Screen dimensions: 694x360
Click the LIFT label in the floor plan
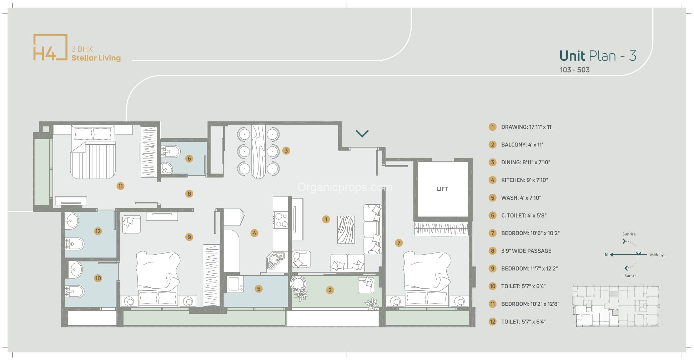(442, 189)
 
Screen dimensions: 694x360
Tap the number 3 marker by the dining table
(286, 151)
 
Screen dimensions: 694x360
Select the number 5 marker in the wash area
(259, 289)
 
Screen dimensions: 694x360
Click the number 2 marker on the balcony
(330, 290)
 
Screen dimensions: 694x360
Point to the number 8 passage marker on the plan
(189, 194)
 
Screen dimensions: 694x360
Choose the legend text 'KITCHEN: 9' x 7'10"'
(524, 180)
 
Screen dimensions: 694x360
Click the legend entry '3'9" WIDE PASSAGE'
(526, 251)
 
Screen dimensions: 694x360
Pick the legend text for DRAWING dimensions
(527, 127)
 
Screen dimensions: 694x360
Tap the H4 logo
(50, 47)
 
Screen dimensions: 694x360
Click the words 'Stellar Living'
(96, 58)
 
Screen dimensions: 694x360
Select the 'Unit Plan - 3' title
(598, 56)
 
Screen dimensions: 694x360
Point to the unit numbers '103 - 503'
(574, 70)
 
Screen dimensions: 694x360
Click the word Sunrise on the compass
(629, 234)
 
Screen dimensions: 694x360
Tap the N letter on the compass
(606, 255)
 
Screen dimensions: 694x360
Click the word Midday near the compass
(657, 255)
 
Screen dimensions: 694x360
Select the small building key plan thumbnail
(616, 306)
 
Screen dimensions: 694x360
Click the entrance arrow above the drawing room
(362, 134)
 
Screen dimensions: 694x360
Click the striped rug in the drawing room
(346, 230)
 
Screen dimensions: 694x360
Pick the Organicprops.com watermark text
(345, 187)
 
